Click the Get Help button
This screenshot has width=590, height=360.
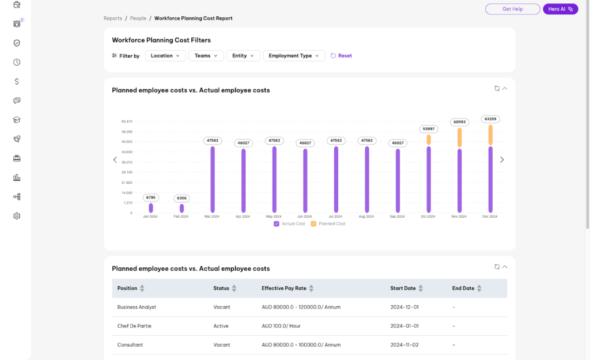[512, 9]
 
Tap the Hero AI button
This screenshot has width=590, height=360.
[560, 9]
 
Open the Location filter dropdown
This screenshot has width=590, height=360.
[165, 56]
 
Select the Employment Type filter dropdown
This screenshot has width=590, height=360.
[294, 56]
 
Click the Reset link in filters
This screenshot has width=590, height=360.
[341, 56]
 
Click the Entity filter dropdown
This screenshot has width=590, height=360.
[243, 56]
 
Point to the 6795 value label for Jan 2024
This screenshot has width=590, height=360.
[150, 198]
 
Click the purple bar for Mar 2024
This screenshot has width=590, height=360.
[213, 179]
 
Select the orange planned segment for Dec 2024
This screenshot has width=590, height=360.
[490, 135]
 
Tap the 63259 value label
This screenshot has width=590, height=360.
[490, 119]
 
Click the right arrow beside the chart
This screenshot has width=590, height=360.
[501, 160]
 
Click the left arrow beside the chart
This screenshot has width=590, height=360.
[115, 160]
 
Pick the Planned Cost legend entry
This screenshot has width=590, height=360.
[328, 223]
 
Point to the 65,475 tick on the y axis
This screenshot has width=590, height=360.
[127, 122]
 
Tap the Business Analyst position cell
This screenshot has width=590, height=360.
[137, 307]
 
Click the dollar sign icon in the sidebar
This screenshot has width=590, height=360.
[17, 81]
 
